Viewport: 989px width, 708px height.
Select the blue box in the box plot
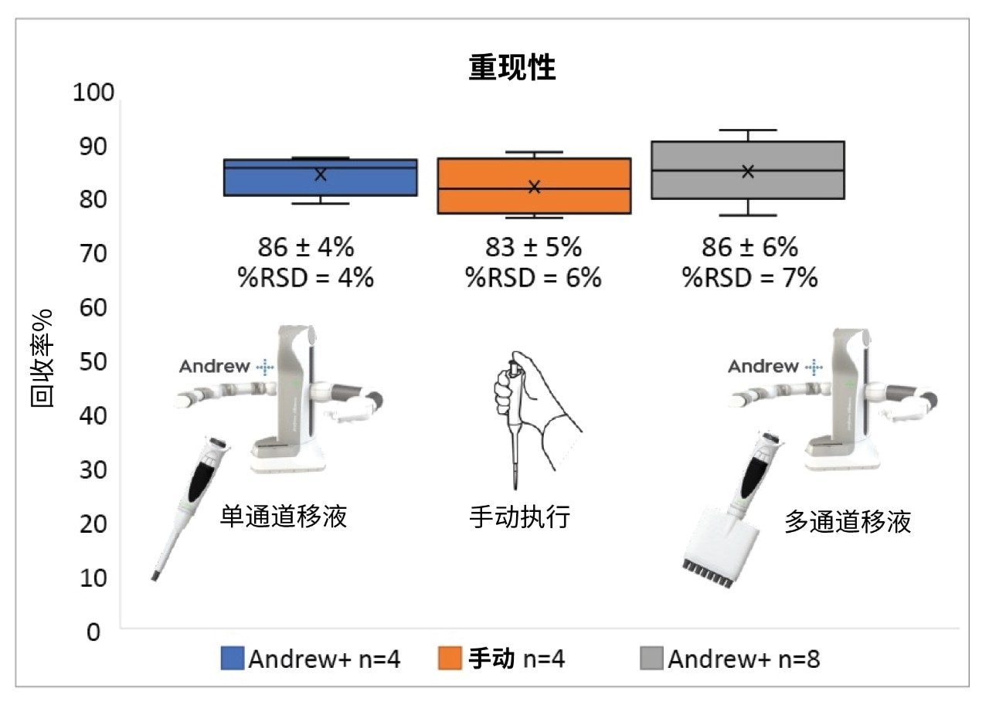coord(320,178)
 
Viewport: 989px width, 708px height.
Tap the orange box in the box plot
coord(534,186)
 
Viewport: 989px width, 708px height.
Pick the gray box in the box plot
coord(747,171)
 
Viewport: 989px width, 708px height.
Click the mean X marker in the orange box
coord(534,187)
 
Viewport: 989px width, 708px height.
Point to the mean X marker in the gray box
coord(747,171)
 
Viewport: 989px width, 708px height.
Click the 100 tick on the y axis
coord(93,93)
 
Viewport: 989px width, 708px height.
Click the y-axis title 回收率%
coord(42,361)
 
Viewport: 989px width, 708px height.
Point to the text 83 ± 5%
coord(533,248)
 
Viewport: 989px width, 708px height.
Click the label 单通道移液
coord(284,516)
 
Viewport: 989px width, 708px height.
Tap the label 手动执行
coord(519,516)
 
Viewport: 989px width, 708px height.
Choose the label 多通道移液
coord(848,522)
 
